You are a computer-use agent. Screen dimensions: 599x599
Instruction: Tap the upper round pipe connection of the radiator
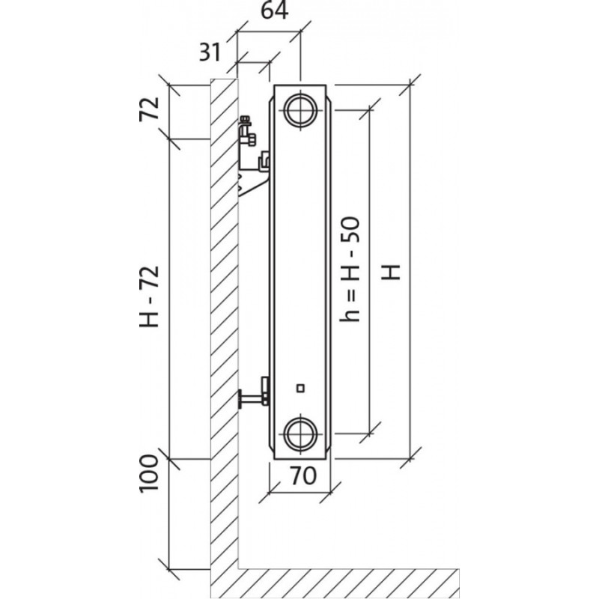(x=302, y=109)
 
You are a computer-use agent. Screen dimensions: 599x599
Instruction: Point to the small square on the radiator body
(x=300, y=387)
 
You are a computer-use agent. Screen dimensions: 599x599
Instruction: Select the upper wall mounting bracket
(x=252, y=161)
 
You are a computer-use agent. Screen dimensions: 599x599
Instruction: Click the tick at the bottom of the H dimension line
(x=410, y=455)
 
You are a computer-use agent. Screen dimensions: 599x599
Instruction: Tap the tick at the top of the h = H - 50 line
(x=368, y=109)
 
